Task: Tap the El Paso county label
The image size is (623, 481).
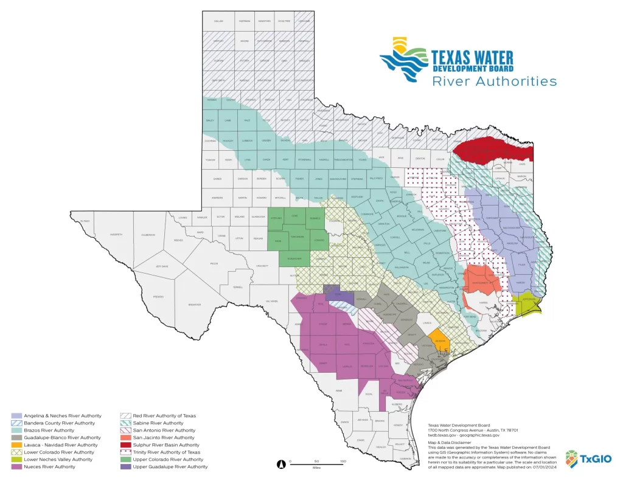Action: pyautogui.click(x=85, y=221)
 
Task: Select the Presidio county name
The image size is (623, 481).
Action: pyautogui.click(x=158, y=297)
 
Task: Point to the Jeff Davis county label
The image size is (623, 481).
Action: pyautogui.click(x=162, y=266)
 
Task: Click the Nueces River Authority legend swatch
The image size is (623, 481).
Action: pyautogui.click(x=17, y=467)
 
